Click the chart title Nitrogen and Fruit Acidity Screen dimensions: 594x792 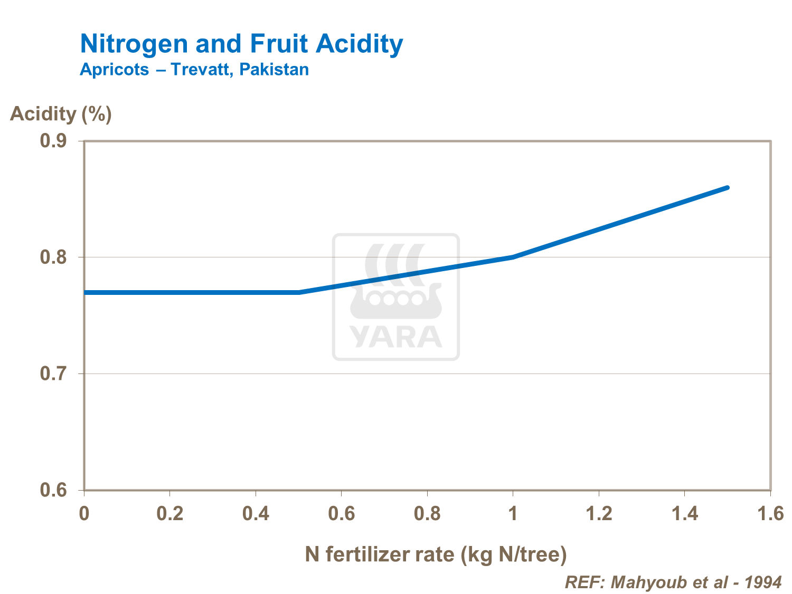tap(241, 44)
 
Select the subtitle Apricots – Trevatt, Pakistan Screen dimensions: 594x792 tap(194, 70)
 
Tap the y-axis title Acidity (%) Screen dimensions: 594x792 tap(61, 114)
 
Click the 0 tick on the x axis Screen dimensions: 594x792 tap(84, 513)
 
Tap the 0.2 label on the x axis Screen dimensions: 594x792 tap(170, 513)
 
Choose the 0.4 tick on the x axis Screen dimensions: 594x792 tap(256, 513)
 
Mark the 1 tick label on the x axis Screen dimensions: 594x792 tap(513, 513)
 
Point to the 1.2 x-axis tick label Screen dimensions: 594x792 tap(599, 513)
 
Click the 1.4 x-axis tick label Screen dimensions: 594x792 tap(684, 513)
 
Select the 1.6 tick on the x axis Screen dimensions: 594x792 tap(770, 513)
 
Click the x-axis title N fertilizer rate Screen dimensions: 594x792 tap(436, 554)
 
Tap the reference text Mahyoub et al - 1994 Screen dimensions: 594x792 tap(673, 582)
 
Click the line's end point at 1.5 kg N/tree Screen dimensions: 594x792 tap(727, 188)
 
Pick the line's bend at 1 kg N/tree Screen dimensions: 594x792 tap(513, 257)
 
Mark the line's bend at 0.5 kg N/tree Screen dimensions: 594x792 tap(299, 292)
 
